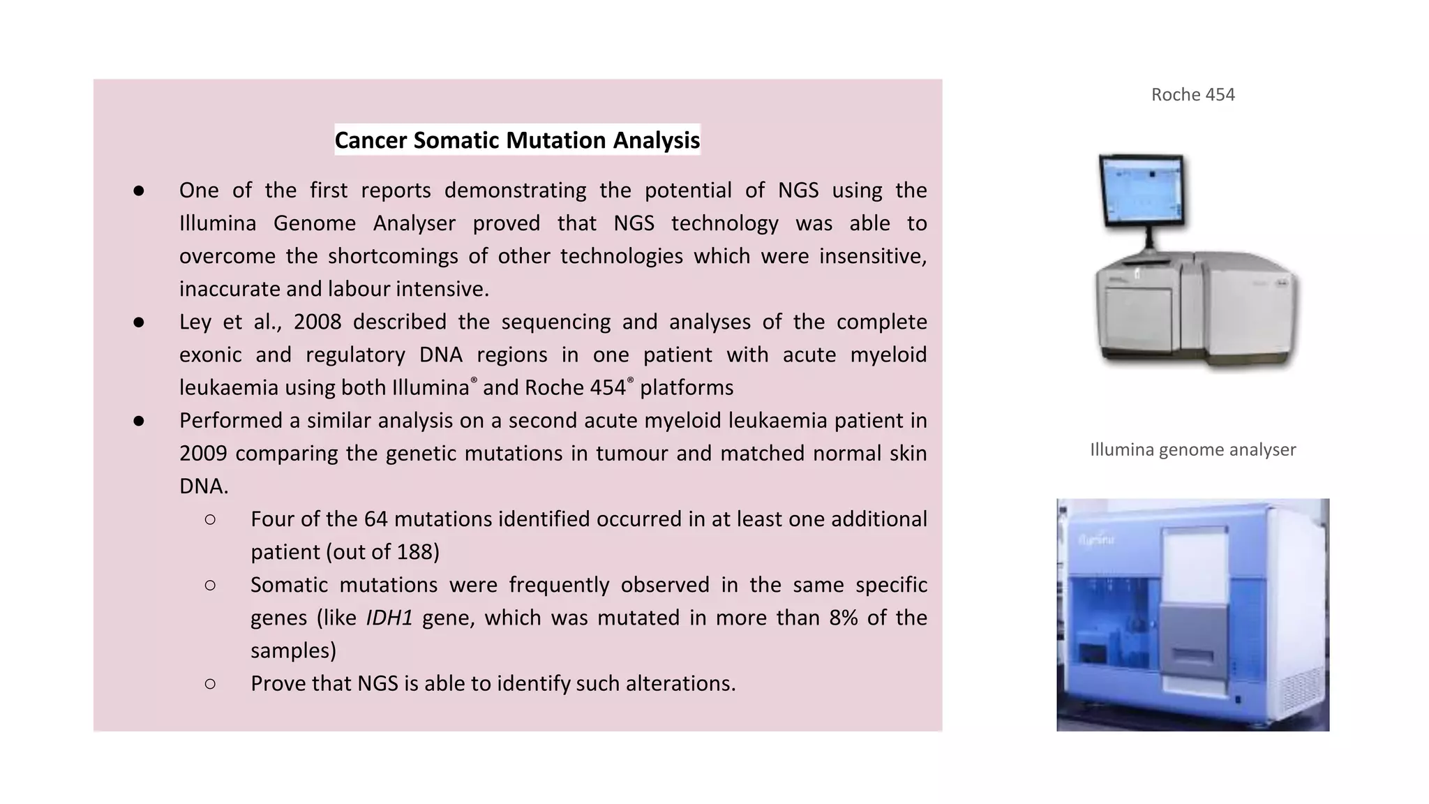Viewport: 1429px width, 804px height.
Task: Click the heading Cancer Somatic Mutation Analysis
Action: [x=517, y=140]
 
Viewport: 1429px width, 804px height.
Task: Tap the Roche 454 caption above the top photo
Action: [x=1192, y=95]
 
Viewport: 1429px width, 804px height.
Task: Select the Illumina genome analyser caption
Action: [x=1192, y=449]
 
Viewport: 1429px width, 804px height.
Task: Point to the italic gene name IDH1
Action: [x=389, y=618]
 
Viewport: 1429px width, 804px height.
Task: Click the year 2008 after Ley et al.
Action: [x=317, y=322]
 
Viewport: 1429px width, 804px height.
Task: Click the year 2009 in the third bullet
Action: [x=203, y=454]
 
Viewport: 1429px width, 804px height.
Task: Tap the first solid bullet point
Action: [x=139, y=191]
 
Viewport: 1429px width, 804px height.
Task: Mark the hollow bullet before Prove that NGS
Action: [x=210, y=683]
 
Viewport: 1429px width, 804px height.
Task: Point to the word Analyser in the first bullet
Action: [x=414, y=223]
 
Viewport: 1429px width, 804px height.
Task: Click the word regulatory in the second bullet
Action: [x=355, y=355]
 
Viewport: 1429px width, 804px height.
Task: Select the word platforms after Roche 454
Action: [x=687, y=388]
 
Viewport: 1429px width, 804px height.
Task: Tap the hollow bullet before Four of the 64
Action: [x=210, y=519]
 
